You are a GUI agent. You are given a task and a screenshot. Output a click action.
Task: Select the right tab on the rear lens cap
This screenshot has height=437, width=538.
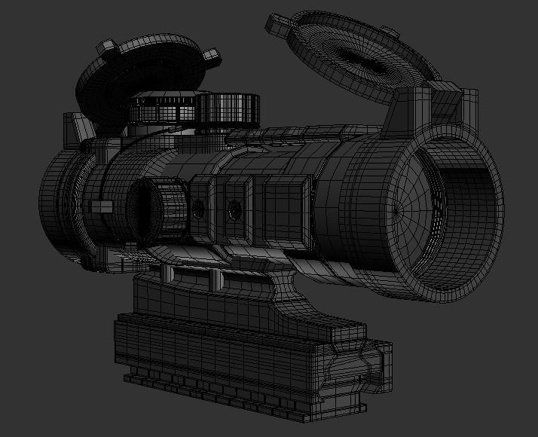point(212,55)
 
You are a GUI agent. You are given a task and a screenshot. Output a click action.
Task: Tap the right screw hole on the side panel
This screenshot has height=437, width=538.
point(235,211)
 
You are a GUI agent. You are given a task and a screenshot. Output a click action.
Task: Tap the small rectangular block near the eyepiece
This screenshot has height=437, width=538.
point(101,206)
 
